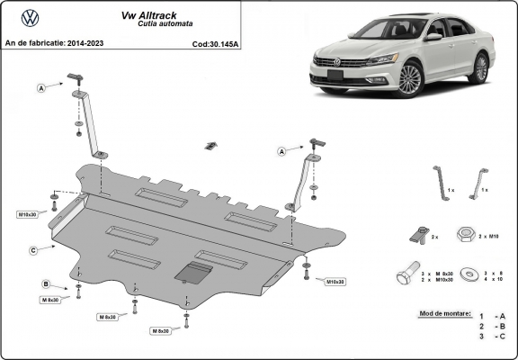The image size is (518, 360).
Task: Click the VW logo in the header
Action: click(x=30, y=17)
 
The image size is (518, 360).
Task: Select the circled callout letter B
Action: click(x=46, y=284)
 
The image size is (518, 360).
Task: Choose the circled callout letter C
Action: click(x=32, y=249)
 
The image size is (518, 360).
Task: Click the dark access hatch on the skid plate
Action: click(x=193, y=272)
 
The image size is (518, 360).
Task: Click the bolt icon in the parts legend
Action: click(x=406, y=274)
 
